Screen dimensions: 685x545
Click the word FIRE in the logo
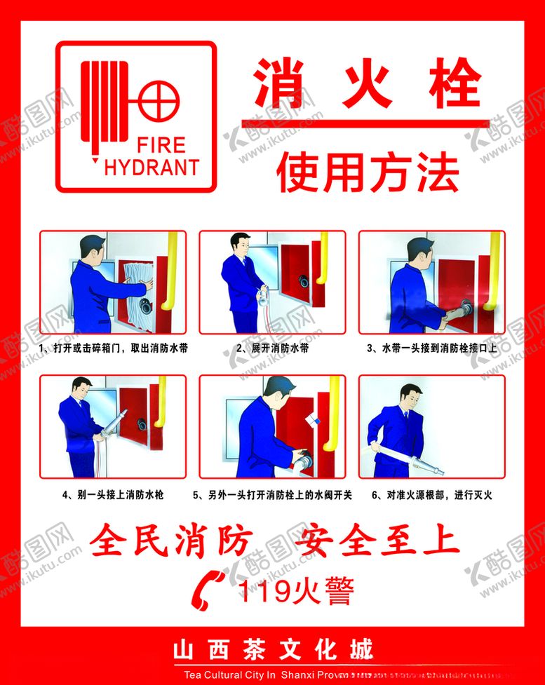pyautogui.click(x=161, y=146)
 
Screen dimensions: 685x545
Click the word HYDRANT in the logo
pyautogui.click(x=152, y=167)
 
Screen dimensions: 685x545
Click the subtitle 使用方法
pyautogui.click(x=368, y=172)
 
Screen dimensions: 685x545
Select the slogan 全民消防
pyautogui.click(x=171, y=541)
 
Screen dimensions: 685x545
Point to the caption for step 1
pyautogui.click(x=113, y=348)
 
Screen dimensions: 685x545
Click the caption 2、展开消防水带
pyautogui.click(x=272, y=348)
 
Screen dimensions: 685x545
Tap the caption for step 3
pyautogui.click(x=431, y=348)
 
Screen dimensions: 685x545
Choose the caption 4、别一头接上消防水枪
pyautogui.click(x=113, y=495)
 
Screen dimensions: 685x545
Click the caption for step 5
pyautogui.click(x=272, y=495)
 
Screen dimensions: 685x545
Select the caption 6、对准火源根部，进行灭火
pyautogui.click(x=431, y=495)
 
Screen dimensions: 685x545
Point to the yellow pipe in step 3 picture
pyautogui.click(x=494, y=270)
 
